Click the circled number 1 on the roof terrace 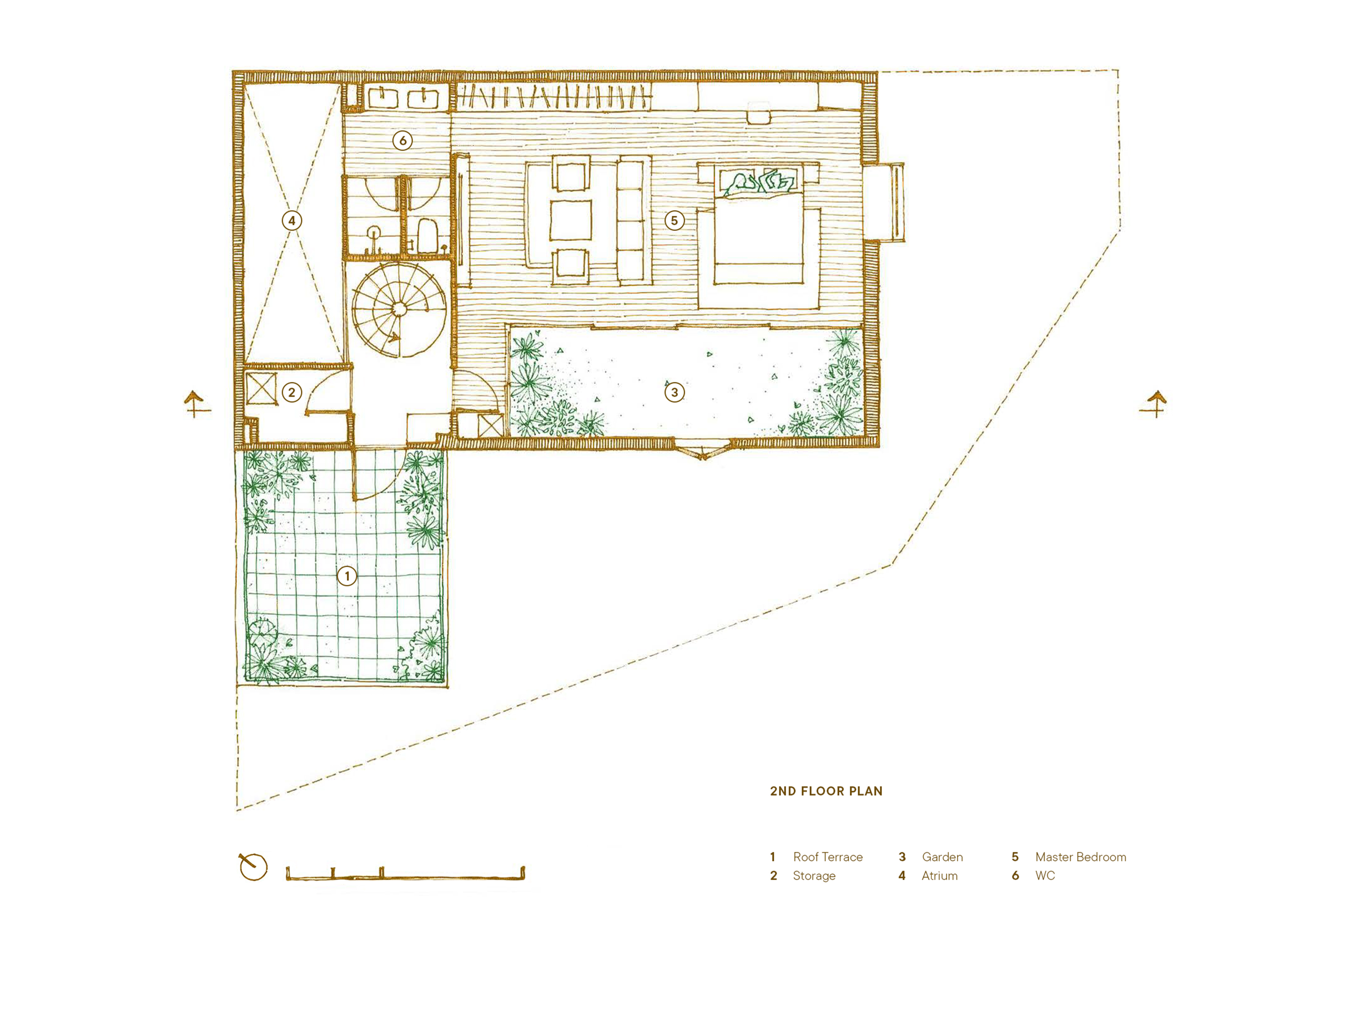click(347, 576)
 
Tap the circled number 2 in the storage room click(291, 392)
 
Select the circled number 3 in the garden click(674, 392)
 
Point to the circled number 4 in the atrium click(291, 220)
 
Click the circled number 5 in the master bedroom click(674, 220)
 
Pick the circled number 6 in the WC click(402, 141)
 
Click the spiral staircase click(397, 310)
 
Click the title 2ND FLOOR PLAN click(826, 791)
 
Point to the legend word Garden click(942, 857)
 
